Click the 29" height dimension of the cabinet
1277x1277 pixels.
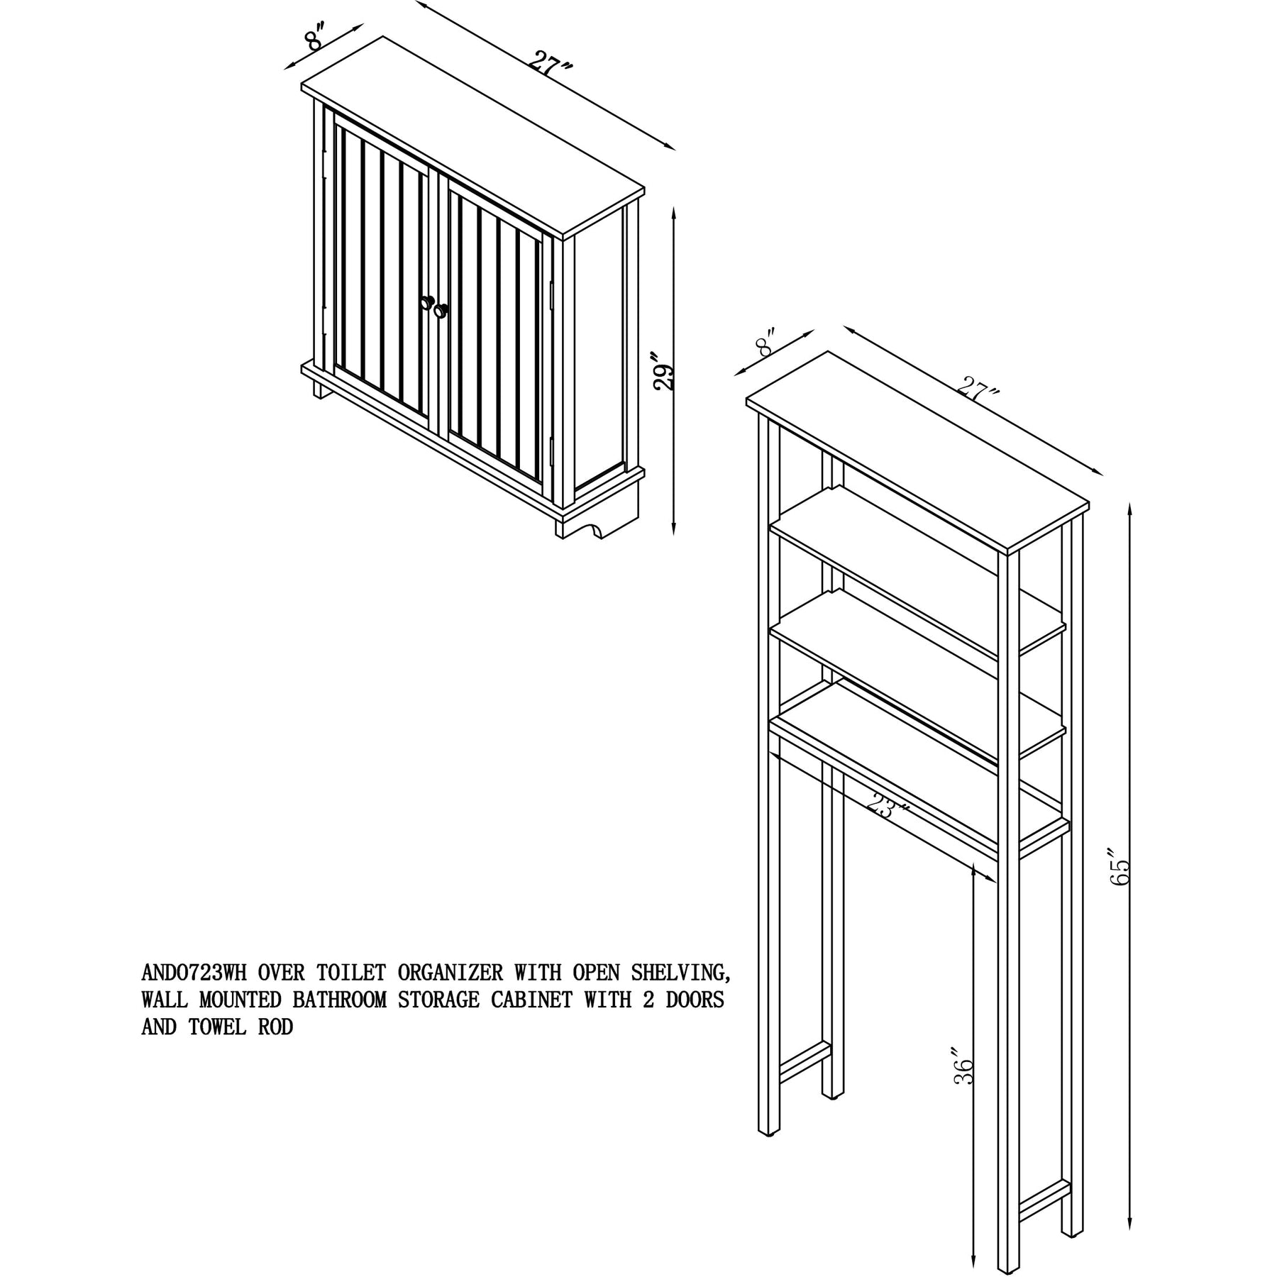tap(664, 370)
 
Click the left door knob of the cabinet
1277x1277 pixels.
tap(426, 302)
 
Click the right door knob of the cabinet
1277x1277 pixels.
tap(442, 310)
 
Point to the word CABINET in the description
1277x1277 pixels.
tap(527, 1000)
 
